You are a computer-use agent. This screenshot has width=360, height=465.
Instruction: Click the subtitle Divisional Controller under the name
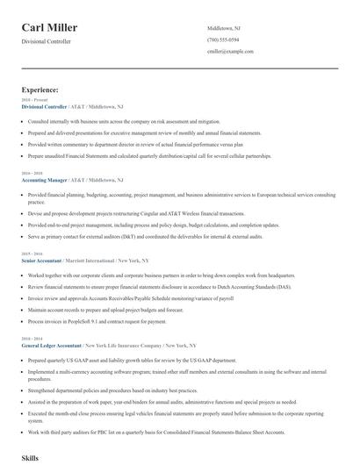[x=47, y=41]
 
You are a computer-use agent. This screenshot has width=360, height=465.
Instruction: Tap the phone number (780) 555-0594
[x=222, y=39]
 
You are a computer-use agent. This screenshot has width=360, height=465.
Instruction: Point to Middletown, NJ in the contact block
[x=223, y=28]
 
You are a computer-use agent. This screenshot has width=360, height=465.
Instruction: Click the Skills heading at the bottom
[x=30, y=458]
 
